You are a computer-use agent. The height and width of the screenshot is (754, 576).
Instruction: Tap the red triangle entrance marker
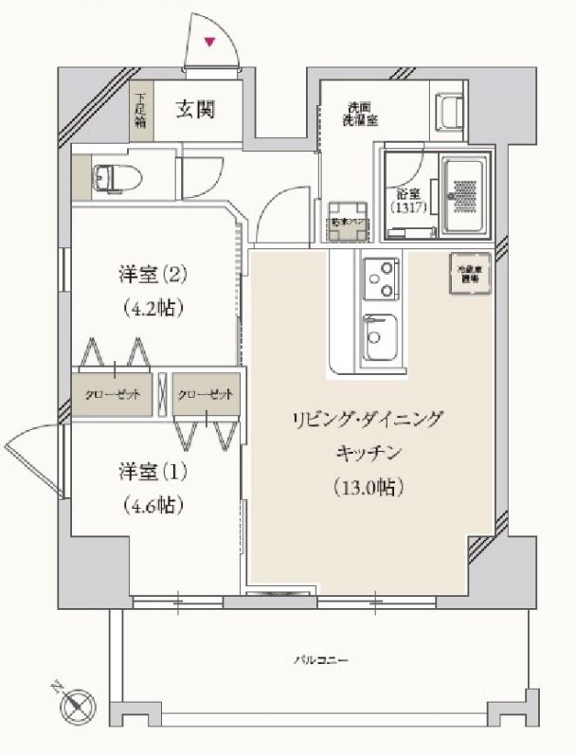point(210,41)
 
